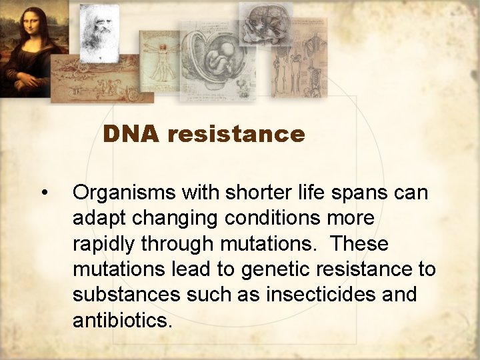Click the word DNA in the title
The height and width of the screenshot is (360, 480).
point(131,135)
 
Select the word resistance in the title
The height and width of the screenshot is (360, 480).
point(236,135)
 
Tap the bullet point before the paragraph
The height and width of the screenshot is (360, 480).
point(44,193)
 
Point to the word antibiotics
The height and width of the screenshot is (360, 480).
point(122,320)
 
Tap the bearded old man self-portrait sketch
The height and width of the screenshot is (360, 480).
point(99,30)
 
